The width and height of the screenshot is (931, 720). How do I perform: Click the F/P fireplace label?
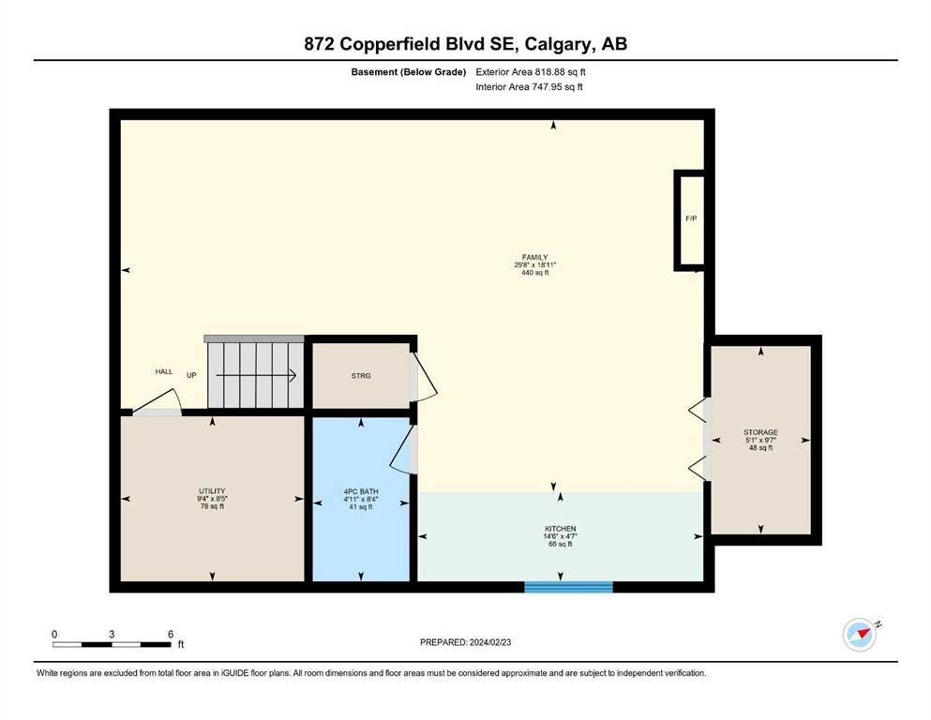click(691, 218)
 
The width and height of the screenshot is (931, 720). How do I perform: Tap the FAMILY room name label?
click(535, 258)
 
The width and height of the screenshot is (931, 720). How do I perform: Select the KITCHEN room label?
click(561, 528)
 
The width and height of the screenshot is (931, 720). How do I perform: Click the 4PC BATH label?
click(361, 491)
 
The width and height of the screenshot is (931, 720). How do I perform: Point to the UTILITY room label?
click(212, 491)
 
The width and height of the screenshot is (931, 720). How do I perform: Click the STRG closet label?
click(361, 376)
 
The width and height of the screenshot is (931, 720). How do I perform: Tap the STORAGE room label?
click(760, 432)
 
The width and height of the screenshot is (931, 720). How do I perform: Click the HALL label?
click(164, 371)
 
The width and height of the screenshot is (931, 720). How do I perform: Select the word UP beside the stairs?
click(191, 375)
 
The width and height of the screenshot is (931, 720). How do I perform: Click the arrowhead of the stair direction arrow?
click(293, 375)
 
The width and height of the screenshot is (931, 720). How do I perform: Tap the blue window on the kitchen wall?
click(568, 587)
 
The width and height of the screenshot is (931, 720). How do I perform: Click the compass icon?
click(860, 635)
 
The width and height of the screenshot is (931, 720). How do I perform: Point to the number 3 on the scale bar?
click(112, 634)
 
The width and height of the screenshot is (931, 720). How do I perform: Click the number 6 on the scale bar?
click(171, 634)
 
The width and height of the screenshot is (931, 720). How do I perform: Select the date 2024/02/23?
click(490, 642)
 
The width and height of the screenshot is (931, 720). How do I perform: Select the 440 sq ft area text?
click(535, 273)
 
